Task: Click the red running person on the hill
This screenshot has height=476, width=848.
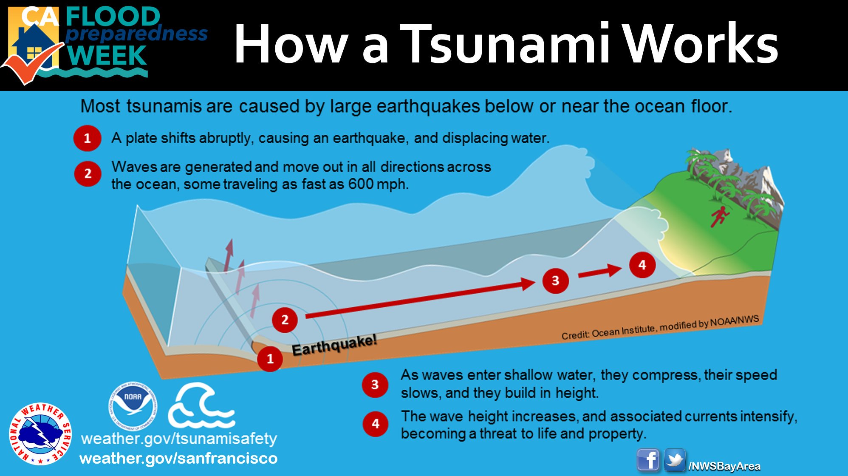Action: point(719,216)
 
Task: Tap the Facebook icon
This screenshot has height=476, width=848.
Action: point(648,460)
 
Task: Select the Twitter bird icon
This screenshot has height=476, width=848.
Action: point(675,460)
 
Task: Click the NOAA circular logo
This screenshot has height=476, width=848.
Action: point(133,406)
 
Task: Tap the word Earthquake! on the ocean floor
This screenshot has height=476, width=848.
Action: point(334,345)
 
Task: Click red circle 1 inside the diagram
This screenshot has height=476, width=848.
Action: point(270,359)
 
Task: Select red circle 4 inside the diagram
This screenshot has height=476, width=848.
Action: point(642,265)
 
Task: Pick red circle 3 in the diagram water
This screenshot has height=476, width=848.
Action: point(555,280)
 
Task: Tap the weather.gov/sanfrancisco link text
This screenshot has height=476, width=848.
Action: point(178,459)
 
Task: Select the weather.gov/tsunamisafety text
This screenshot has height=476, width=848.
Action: point(179,438)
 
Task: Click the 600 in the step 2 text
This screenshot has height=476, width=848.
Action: point(361,184)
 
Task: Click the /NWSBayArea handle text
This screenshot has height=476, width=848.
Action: point(724,466)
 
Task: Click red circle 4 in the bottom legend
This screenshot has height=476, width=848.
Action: point(375,424)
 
